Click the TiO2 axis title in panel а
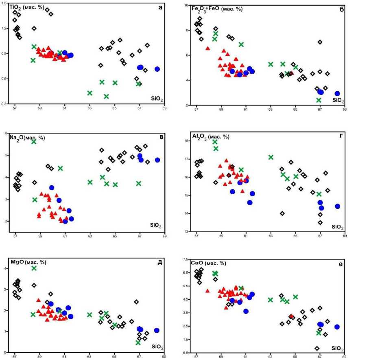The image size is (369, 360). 28,8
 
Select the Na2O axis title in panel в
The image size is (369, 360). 27,138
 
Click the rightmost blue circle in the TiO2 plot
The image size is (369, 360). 157,69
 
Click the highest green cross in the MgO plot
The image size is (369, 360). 34,268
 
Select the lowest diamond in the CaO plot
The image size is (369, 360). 317,348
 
